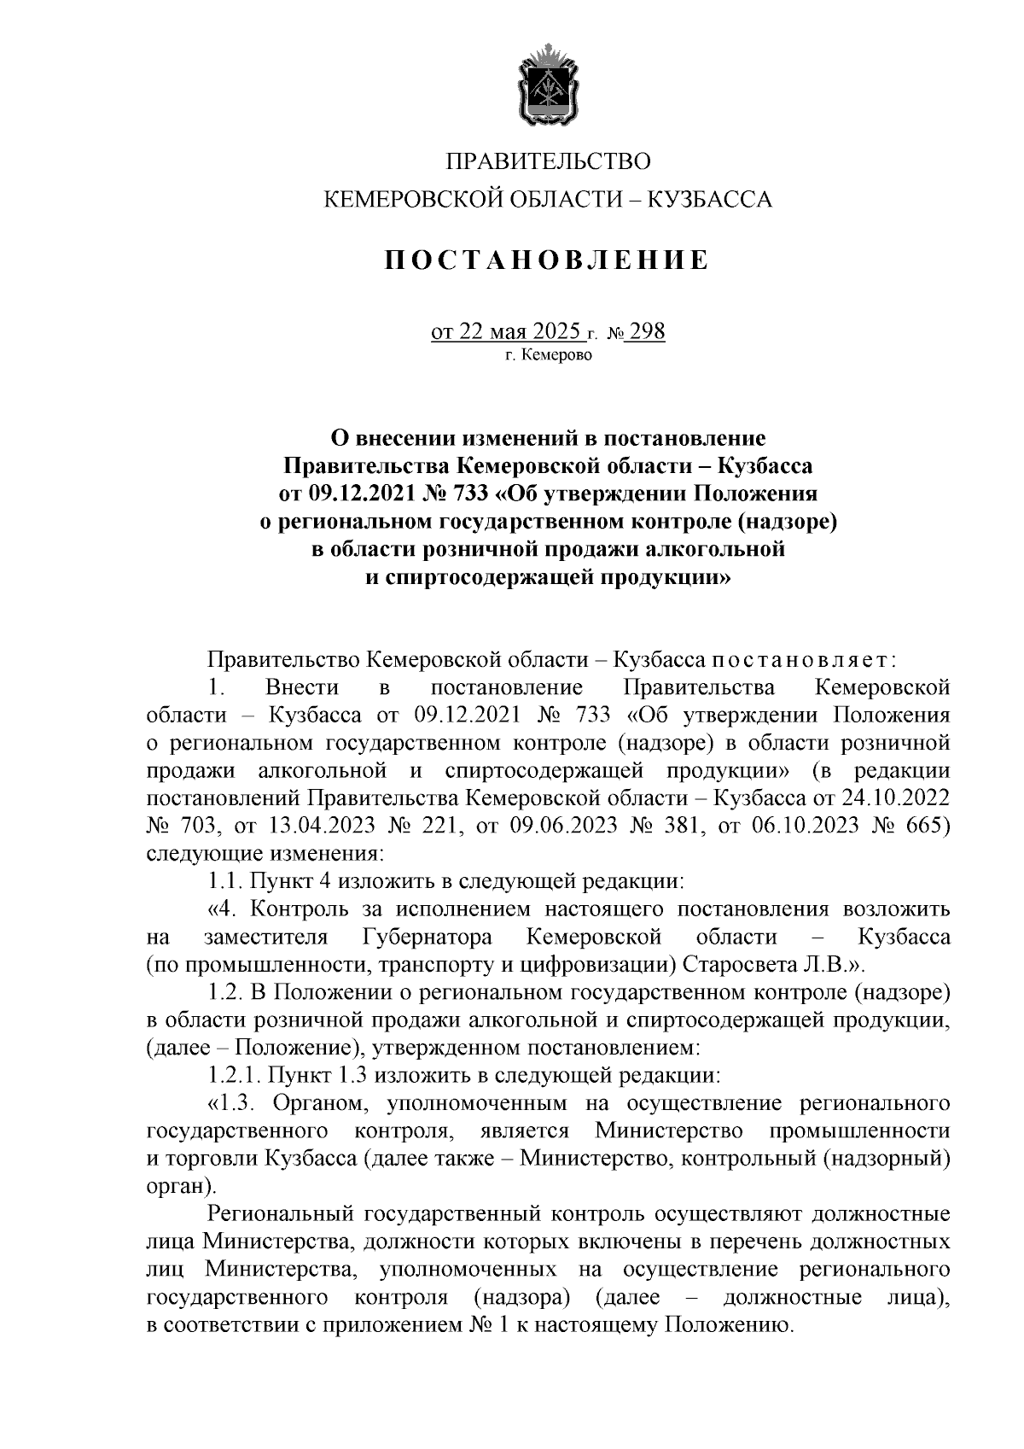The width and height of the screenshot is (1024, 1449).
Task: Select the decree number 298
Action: pyautogui.click(x=646, y=331)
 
